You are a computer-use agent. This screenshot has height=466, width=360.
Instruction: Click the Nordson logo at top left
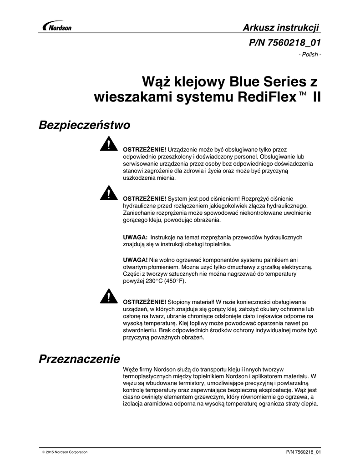click(x=56, y=27)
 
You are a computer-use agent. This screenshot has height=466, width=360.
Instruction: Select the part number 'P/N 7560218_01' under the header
click(x=284, y=43)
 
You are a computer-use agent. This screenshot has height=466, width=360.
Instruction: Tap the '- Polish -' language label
click(x=310, y=55)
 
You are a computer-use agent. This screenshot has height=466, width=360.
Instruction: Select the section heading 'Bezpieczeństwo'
click(x=85, y=125)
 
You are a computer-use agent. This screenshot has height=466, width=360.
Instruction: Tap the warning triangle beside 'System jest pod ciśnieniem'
click(x=109, y=193)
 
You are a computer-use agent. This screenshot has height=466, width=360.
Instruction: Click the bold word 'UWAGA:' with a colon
click(x=136, y=238)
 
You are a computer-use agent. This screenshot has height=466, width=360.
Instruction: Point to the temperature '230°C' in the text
click(x=153, y=281)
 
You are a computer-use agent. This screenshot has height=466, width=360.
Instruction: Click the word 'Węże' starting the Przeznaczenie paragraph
click(x=131, y=370)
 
